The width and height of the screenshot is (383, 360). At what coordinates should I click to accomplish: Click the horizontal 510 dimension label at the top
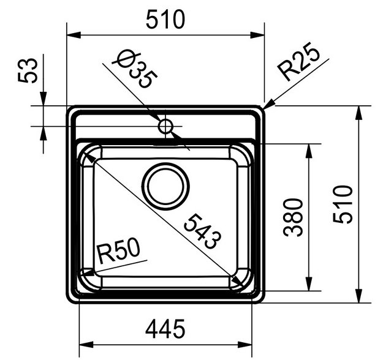coord(165,20)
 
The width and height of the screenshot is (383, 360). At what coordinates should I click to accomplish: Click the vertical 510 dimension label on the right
coord(345,204)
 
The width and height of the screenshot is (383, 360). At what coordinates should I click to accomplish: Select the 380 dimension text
coord(295,217)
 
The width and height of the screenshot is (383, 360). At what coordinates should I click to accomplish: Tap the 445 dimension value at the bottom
coord(165,330)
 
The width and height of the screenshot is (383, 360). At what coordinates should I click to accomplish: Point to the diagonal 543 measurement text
coord(202,231)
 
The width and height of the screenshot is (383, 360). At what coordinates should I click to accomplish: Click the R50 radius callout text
coord(119,251)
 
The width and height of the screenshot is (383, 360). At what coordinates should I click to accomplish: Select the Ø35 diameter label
coord(137,70)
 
